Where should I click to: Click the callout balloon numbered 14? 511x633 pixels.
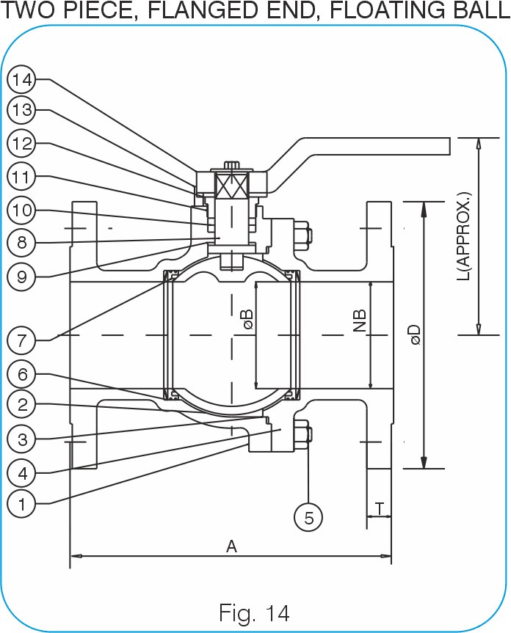pyautogui.click(x=22, y=79)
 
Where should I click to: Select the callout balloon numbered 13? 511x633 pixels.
pyautogui.click(x=22, y=110)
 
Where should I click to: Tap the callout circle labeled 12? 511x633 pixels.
pyautogui.click(x=22, y=143)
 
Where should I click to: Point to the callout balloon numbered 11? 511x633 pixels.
pyautogui.click(x=22, y=177)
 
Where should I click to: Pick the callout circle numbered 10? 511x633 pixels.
pyautogui.click(x=22, y=210)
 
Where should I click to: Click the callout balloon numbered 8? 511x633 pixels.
pyautogui.click(x=22, y=243)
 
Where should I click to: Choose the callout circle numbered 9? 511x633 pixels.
pyautogui.click(x=22, y=277)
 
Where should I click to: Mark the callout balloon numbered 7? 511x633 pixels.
pyautogui.click(x=22, y=340)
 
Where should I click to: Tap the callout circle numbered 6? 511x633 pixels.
pyautogui.click(x=22, y=374)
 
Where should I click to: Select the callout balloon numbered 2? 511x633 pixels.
pyautogui.click(x=22, y=404)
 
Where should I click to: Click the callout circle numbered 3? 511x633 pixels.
pyautogui.click(x=22, y=439)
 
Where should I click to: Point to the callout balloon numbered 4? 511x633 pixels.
pyautogui.click(x=22, y=472)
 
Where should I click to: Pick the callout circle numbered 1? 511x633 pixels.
pyautogui.click(x=22, y=504)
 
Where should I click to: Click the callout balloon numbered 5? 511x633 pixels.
pyautogui.click(x=308, y=517)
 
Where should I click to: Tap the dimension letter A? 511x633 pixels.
pyautogui.click(x=231, y=546)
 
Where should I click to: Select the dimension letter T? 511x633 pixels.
pyautogui.click(x=380, y=509)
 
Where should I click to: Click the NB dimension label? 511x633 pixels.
pyautogui.click(x=360, y=321)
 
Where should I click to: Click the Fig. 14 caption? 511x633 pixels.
pyautogui.click(x=254, y=612)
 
